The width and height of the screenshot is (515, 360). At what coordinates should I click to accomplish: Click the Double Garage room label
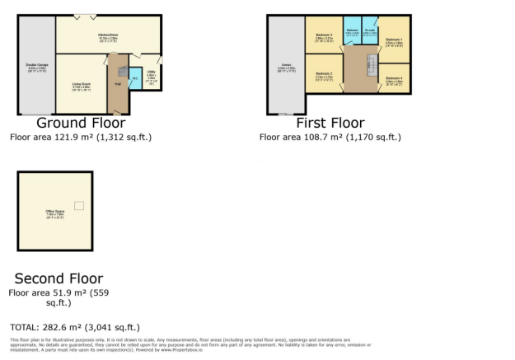[37, 64]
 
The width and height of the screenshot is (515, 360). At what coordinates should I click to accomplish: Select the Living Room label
[81, 85]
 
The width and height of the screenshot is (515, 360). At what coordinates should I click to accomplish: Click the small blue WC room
[134, 79]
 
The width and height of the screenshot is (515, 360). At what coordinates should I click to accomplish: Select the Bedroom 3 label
[322, 37]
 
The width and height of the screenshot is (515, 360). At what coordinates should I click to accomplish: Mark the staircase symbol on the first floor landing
[369, 74]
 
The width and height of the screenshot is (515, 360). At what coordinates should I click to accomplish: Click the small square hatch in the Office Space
[78, 204]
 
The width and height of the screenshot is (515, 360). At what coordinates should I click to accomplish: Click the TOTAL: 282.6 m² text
[75, 327]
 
